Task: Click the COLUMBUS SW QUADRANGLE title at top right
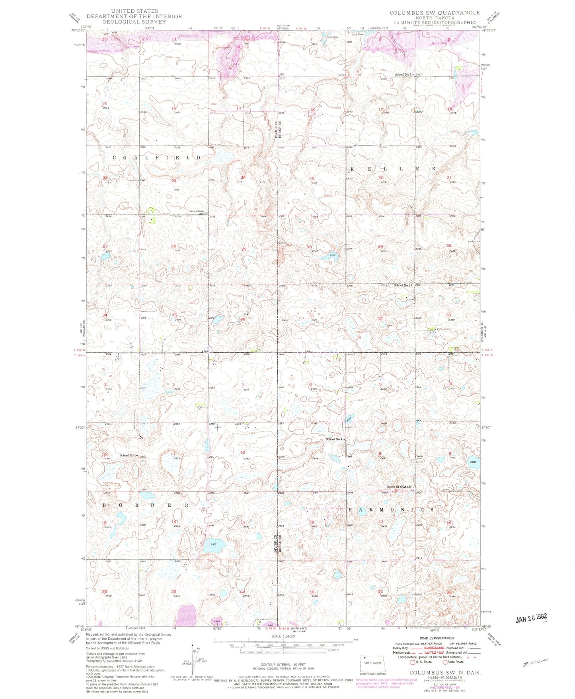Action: [435, 13]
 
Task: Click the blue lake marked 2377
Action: [214, 547]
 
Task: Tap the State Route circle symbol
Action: [445, 662]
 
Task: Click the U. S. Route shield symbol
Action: [413, 662]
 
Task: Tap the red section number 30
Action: [309, 247]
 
